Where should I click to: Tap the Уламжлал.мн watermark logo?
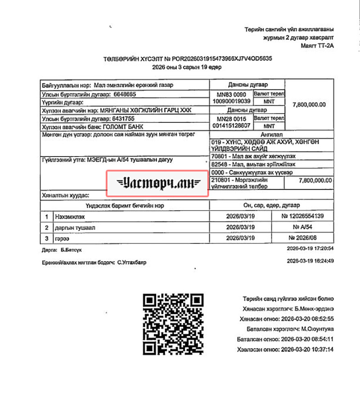point(157,183)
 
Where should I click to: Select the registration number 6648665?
point(125,94)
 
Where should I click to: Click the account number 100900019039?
point(231,102)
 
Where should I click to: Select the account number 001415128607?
point(231,126)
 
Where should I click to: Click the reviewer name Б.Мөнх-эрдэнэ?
point(313,309)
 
